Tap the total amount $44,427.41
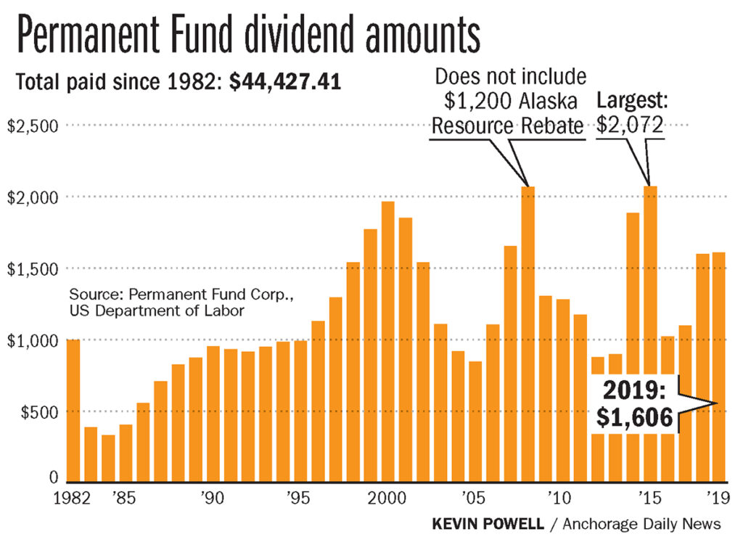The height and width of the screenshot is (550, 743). (285, 82)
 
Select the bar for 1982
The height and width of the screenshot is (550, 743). (73, 410)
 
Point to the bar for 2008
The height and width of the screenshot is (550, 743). (528, 334)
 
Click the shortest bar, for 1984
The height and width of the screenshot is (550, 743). (108, 458)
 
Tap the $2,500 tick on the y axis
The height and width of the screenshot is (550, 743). (33, 126)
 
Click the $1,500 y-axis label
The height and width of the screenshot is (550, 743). (33, 268)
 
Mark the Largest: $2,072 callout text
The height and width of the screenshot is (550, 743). (629, 113)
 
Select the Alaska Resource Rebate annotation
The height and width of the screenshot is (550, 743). (508, 101)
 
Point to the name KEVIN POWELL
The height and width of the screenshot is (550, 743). (488, 524)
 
